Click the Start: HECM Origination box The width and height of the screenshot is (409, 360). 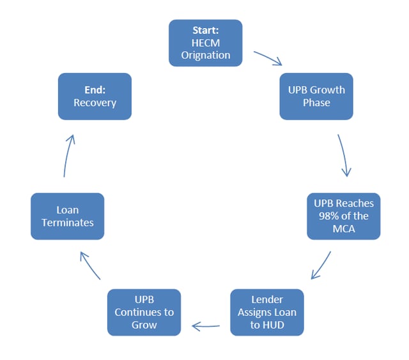pos(206,43)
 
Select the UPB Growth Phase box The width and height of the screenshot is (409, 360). pos(316,97)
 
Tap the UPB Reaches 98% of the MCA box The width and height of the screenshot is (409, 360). pos(344,216)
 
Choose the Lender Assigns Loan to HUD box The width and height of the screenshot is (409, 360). pos(267,312)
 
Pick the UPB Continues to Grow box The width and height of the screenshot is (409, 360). pos(144,312)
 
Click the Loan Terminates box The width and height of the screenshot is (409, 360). pos(68,216)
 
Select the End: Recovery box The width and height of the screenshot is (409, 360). pos(95,97)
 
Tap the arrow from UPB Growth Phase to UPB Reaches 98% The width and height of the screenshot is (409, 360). pos(345,155)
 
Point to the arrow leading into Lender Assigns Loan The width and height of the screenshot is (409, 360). pos(321,265)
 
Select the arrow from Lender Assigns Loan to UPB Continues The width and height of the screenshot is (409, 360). pos(206,326)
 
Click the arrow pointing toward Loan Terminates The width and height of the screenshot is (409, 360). pos(89,265)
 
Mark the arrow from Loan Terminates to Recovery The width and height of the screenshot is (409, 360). pos(67,155)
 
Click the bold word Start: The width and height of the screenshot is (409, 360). pos(206,30)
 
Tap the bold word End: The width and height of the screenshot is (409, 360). pos(95,90)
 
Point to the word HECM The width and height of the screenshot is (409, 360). pos(206,43)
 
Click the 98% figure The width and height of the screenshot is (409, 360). pos(328,216)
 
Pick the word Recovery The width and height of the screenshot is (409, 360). pos(95,102)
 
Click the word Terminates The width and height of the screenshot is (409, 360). pos(68,223)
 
